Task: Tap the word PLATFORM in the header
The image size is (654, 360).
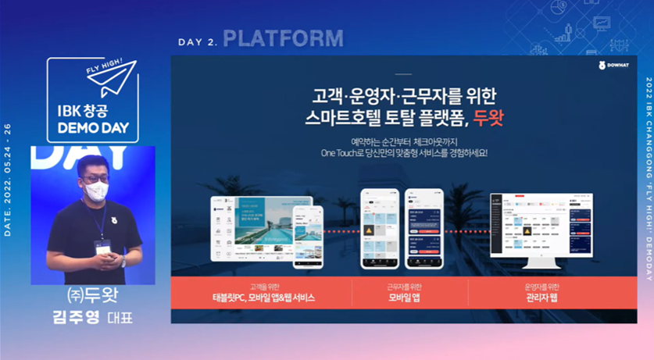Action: pyautogui.click(x=283, y=37)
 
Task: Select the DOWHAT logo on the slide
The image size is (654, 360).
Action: pyautogui.click(x=613, y=66)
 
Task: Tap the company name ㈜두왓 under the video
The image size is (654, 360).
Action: pyautogui.click(x=93, y=299)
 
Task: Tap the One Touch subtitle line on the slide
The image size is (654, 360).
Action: pyautogui.click(x=404, y=153)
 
